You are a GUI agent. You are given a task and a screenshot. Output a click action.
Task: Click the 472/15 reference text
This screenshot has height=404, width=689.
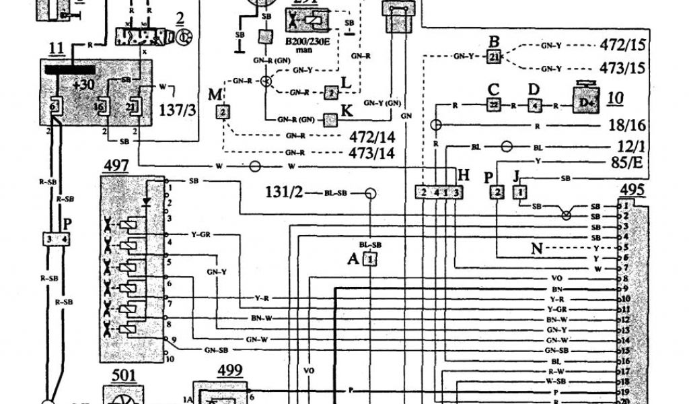click(x=621, y=46)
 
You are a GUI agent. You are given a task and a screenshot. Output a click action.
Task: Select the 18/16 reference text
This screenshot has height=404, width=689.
click(x=628, y=125)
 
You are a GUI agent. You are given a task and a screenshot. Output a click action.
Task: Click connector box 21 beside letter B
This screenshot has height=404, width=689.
click(x=494, y=57)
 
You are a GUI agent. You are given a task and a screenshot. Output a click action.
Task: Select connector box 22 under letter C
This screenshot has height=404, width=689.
click(x=493, y=106)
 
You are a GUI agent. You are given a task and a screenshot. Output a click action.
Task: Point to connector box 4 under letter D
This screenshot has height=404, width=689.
click(x=534, y=106)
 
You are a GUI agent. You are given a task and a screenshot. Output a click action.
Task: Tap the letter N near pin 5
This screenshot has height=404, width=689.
click(x=536, y=248)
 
